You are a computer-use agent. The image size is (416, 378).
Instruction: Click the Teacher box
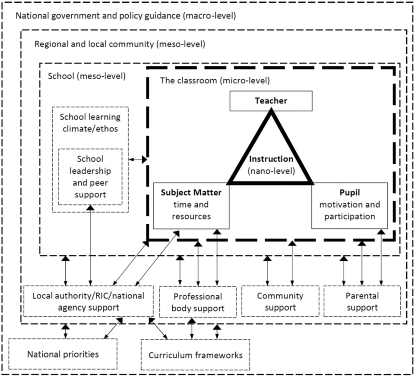[x=271, y=101]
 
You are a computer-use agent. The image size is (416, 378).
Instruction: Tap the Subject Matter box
[x=191, y=205]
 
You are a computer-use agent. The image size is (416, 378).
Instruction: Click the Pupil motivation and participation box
[x=350, y=205]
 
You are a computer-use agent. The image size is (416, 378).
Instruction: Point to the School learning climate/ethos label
[x=90, y=123]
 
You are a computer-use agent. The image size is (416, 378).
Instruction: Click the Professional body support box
[x=198, y=302]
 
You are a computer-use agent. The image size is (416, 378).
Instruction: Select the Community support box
[x=280, y=301]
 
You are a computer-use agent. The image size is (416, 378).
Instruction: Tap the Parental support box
[x=362, y=301]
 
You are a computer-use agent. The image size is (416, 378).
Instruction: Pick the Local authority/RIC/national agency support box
[x=88, y=301]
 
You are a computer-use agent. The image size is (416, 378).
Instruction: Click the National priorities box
[x=63, y=354]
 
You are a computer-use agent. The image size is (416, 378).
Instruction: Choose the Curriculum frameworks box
[x=195, y=355]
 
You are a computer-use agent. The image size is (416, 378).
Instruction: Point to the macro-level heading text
[x=125, y=17]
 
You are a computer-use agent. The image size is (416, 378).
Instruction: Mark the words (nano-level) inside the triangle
[x=271, y=170]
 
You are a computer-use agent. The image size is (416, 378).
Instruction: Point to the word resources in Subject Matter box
[x=191, y=216]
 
